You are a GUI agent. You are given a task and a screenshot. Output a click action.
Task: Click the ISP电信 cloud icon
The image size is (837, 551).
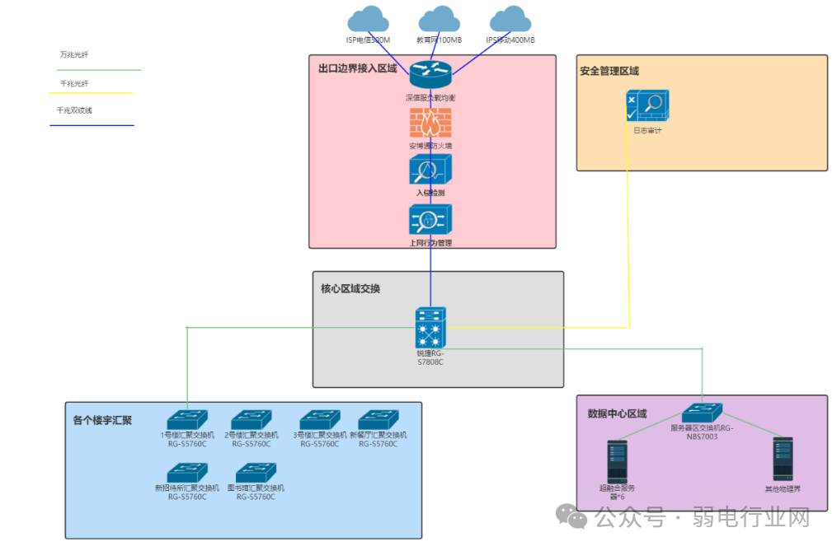[368, 19]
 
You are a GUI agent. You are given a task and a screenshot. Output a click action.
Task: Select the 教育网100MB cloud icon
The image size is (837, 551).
[439, 19]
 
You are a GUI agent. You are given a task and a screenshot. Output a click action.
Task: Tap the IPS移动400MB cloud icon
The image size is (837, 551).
[510, 19]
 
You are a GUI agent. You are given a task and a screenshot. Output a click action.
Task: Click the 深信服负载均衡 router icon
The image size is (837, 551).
[430, 75]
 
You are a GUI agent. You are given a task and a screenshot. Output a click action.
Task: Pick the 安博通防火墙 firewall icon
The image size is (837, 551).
[430, 124]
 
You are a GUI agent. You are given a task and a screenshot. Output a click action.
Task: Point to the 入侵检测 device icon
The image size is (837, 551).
[430, 170]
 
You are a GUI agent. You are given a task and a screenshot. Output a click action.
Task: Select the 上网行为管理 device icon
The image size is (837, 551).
[430, 220]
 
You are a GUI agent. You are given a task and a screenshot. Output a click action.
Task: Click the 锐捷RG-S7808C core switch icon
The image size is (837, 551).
[430, 328]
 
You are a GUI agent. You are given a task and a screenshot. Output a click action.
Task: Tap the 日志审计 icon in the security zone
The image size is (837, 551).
[647, 106]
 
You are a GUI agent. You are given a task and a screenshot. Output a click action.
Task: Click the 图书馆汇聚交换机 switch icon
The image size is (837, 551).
[256, 472]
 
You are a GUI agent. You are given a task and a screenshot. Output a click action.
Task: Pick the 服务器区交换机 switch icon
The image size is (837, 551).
[702, 413]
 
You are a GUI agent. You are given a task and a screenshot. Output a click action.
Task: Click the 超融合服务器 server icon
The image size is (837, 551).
[618, 461]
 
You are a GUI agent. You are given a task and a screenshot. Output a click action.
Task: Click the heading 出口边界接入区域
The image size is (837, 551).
[358, 68]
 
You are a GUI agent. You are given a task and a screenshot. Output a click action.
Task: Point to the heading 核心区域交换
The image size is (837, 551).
[350, 289]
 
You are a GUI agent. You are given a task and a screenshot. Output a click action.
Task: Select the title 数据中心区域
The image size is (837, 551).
[617, 413]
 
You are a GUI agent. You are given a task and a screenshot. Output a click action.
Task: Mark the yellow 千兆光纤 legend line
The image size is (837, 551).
[91, 93]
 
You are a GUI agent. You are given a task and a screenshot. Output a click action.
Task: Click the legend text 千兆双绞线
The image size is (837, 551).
[74, 110]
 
